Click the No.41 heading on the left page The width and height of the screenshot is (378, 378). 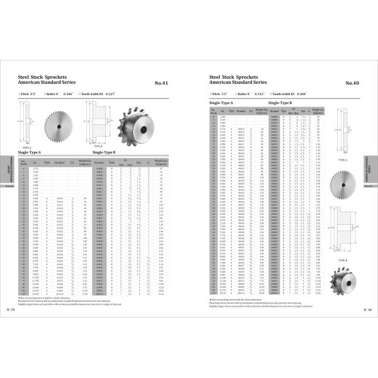(161, 83)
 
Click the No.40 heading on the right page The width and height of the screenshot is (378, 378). (352, 83)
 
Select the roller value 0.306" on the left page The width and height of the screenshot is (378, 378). (67, 94)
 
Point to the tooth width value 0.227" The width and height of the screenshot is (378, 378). (109, 94)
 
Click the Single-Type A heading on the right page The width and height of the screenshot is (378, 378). (220, 101)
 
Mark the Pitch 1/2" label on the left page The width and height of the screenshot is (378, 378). (28, 94)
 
